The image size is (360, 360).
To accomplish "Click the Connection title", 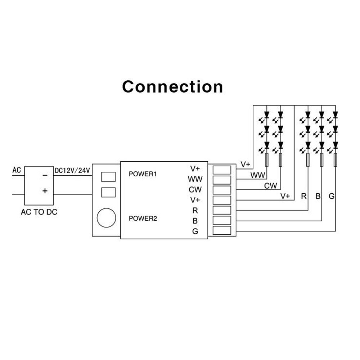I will click(172, 87).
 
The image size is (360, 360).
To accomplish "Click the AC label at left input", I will click(17, 169).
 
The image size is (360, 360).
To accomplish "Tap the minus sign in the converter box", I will click(45, 175).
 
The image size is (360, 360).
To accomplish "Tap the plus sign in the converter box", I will click(45, 191).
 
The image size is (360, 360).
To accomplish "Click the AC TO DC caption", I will click(39, 212).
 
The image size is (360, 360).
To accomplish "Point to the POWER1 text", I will click(143, 174).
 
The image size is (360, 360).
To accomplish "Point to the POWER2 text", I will click(143, 219).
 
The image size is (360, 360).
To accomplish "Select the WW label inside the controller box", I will click(195, 179).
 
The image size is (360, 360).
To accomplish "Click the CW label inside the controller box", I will click(195, 189).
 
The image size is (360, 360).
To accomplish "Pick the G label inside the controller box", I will click(195, 231).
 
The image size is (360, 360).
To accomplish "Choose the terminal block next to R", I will click(222, 210).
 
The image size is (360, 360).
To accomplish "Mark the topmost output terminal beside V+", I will click(222, 170).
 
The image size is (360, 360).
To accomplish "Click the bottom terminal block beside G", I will click(222, 231).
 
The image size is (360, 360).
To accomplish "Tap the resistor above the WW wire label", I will click(267, 160).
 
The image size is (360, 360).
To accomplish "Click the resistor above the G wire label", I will click(335, 160).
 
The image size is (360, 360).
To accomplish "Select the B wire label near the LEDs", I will click(318, 196).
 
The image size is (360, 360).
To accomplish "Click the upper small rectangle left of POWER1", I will click(109, 176).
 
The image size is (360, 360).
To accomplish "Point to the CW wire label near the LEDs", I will click(270, 186).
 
